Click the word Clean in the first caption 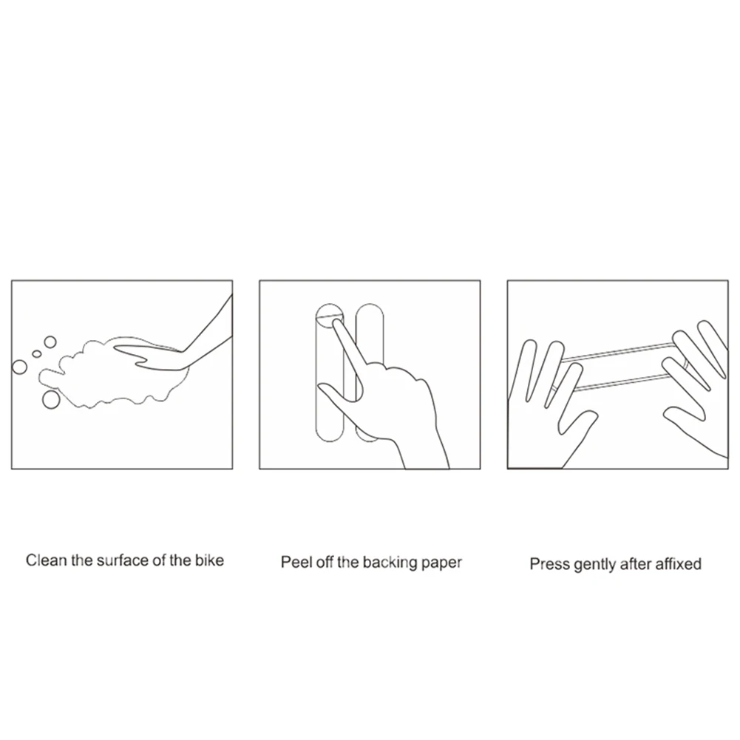tap(45, 560)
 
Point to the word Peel tap(295, 563)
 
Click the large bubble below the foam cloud tap(51, 399)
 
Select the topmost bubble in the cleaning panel tap(50, 342)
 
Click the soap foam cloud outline tap(89, 370)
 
